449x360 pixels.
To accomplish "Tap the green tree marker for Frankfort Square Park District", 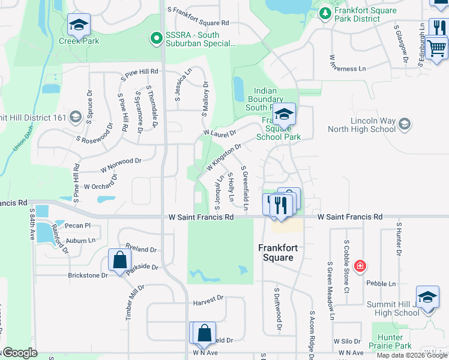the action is pyautogui.click(x=325, y=12).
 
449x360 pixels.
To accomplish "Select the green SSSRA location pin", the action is pyautogui.click(x=156, y=38).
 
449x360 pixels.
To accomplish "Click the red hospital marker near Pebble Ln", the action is pyautogui.click(x=360, y=266).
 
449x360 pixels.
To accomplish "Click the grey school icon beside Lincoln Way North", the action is pyautogui.click(x=405, y=124).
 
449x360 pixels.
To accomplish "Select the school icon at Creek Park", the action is pyautogui.click(x=79, y=25).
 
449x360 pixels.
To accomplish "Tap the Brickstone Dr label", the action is pyautogui.click(x=88, y=275).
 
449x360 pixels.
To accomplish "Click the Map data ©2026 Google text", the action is pyautogui.click(x=412, y=355).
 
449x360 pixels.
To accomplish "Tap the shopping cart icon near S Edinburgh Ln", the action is pyautogui.click(x=438, y=46).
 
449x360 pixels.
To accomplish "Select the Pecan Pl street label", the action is pyautogui.click(x=79, y=226).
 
